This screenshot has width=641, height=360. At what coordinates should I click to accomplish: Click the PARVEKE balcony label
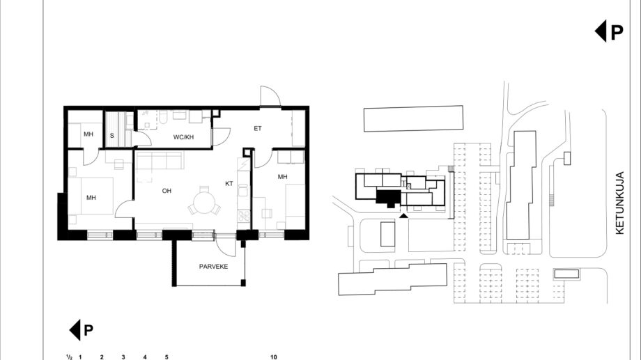[213, 267]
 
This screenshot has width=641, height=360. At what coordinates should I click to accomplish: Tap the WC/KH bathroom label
[183, 137]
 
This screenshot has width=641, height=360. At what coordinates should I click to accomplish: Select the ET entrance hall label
[258, 128]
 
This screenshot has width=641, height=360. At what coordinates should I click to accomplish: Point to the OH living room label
[167, 191]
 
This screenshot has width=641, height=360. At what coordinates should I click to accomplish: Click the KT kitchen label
[229, 184]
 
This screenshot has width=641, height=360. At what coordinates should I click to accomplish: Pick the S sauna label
[112, 136]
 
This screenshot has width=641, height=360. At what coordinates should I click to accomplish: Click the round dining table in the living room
[204, 203]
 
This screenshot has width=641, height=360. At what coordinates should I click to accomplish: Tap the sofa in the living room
[159, 162]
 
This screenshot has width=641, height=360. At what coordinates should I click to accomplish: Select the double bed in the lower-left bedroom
[91, 196]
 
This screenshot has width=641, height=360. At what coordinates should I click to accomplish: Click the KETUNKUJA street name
[619, 203]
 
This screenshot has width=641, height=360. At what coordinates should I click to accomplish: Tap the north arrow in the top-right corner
[609, 31]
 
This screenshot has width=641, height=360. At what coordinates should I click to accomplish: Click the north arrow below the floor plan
[81, 330]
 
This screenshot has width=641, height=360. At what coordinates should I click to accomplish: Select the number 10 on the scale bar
[274, 357]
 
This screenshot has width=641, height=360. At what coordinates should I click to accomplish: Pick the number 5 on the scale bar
[167, 357]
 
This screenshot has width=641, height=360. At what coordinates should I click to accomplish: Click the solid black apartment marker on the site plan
[388, 198]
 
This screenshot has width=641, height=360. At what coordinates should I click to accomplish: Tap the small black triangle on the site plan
[403, 215]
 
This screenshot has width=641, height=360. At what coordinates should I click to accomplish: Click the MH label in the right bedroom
[282, 177]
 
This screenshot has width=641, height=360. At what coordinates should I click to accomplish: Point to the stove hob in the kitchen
[244, 215]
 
